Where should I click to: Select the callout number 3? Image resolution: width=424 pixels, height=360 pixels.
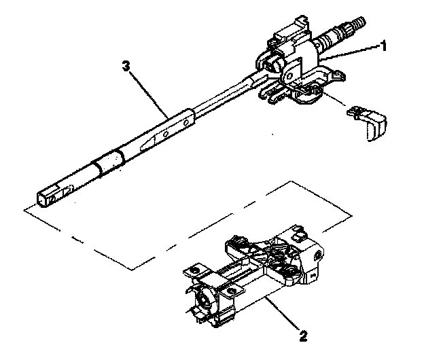click(x=124, y=67)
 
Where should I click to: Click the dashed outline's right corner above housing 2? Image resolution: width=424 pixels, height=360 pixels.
click(x=351, y=217)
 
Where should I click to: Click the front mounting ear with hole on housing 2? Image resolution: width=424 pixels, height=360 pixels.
click(x=233, y=291)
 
